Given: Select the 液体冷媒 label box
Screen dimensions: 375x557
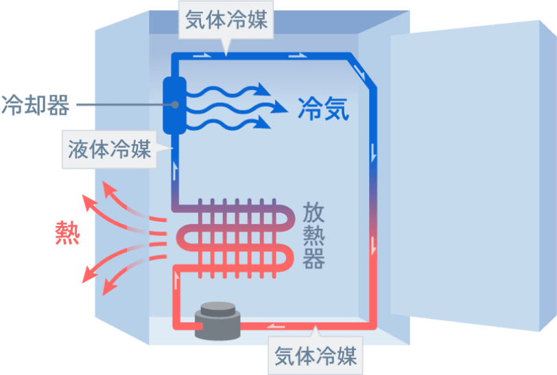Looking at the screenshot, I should [x=110, y=149].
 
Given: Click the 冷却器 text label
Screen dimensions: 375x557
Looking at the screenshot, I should [x=35, y=105].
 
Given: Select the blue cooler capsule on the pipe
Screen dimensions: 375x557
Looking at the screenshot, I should [x=174, y=105].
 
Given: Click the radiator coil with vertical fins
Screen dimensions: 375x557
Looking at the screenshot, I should [x=233, y=238].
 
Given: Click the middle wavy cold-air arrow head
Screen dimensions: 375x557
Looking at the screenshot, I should [x=278, y=108].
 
